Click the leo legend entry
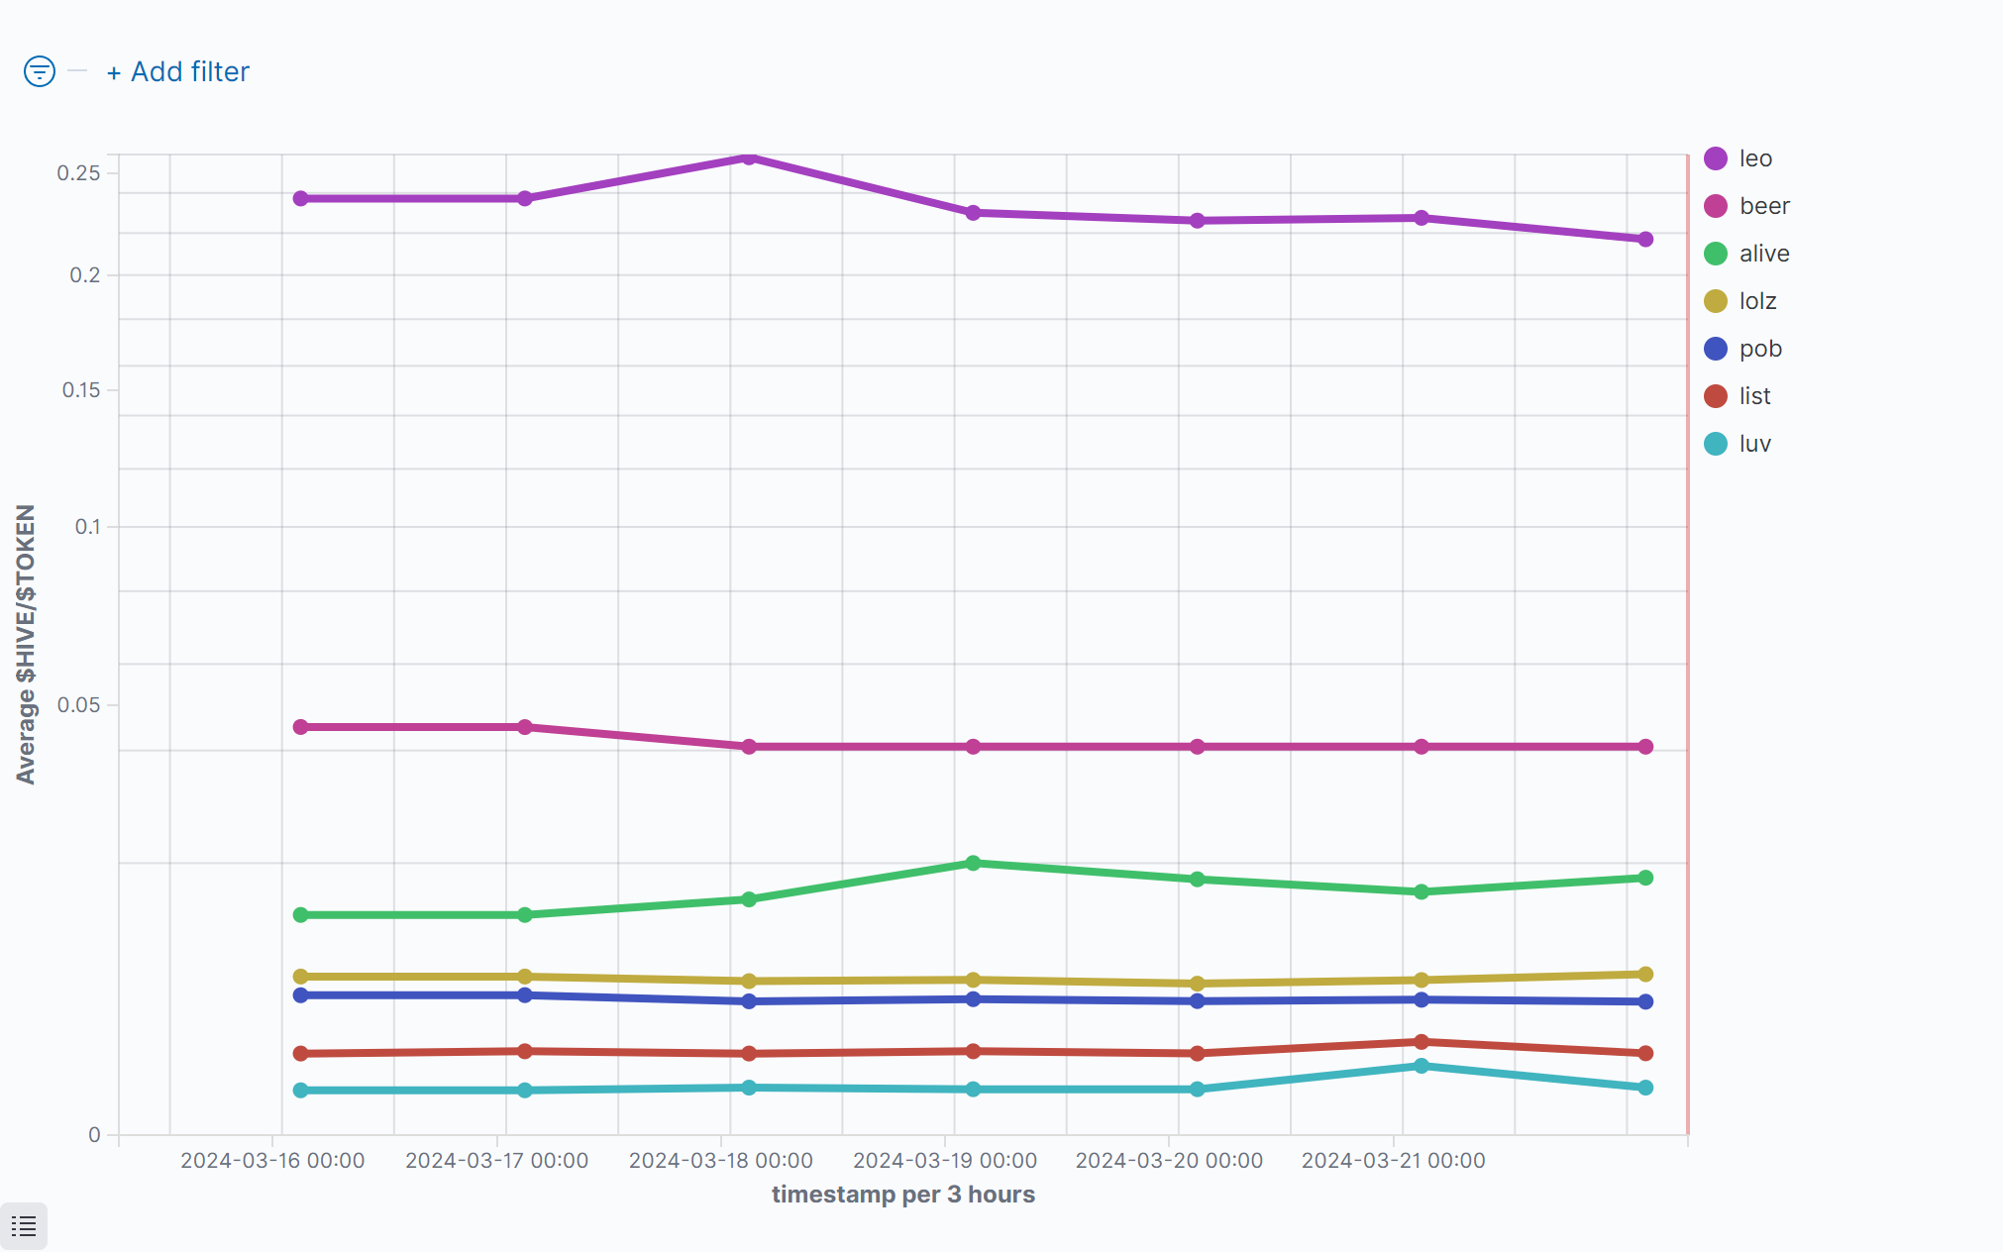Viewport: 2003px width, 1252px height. [1753, 158]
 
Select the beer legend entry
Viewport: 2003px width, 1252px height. [1763, 206]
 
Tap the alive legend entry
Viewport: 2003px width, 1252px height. [1763, 254]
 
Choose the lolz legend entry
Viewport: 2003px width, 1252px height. [1756, 301]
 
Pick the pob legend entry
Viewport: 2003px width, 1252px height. [1759, 349]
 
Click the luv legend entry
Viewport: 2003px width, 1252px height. [1754, 444]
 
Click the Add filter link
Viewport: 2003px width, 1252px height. [178, 72]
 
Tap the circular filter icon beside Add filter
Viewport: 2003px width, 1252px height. [40, 71]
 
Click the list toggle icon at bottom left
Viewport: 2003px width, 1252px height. [24, 1226]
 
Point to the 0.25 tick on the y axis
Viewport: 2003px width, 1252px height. [78, 173]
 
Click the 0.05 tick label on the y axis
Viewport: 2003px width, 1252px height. [78, 705]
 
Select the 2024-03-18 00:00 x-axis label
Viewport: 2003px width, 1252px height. [720, 1161]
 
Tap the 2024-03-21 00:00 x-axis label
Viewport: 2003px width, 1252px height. [1393, 1161]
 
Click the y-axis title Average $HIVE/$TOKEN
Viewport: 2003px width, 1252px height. [26, 644]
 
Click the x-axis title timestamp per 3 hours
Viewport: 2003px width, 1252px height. [902, 1195]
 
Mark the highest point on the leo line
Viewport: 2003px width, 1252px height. [749, 157]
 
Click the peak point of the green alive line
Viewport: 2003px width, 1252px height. [973, 864]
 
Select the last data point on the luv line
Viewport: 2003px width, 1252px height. [1645, 1088]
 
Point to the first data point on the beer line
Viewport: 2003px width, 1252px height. [301, 727]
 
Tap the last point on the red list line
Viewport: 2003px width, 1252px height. [1645, 1053]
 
